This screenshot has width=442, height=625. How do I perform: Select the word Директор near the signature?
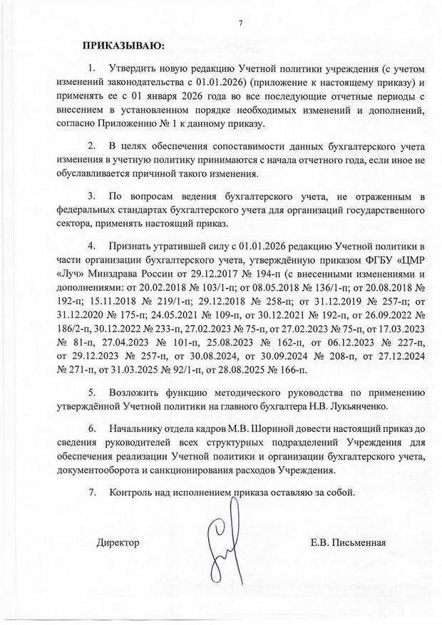pos(118,542)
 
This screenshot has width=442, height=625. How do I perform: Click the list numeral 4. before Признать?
pos(91,247)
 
